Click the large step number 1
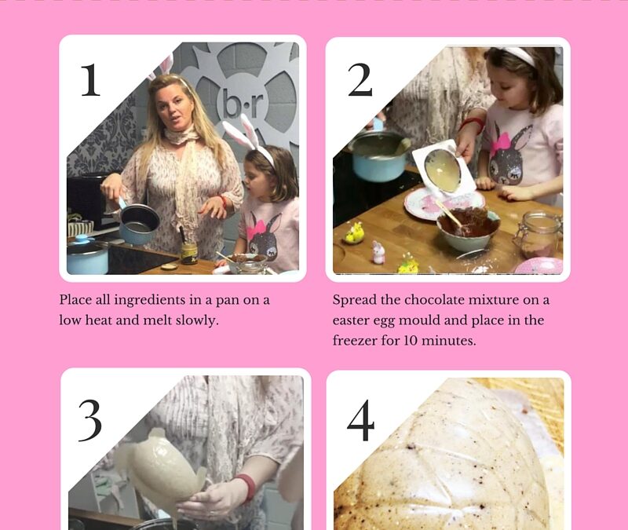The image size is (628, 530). (90, 80)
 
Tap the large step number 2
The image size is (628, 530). (360, 80)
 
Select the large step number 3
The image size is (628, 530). (90, 420)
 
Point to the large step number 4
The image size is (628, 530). (360, 420)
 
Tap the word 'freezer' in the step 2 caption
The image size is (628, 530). (355, 341)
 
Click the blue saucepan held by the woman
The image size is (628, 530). (138, 221)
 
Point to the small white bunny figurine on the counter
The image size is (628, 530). (378, 252)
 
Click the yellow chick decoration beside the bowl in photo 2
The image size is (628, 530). (353, 234)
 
